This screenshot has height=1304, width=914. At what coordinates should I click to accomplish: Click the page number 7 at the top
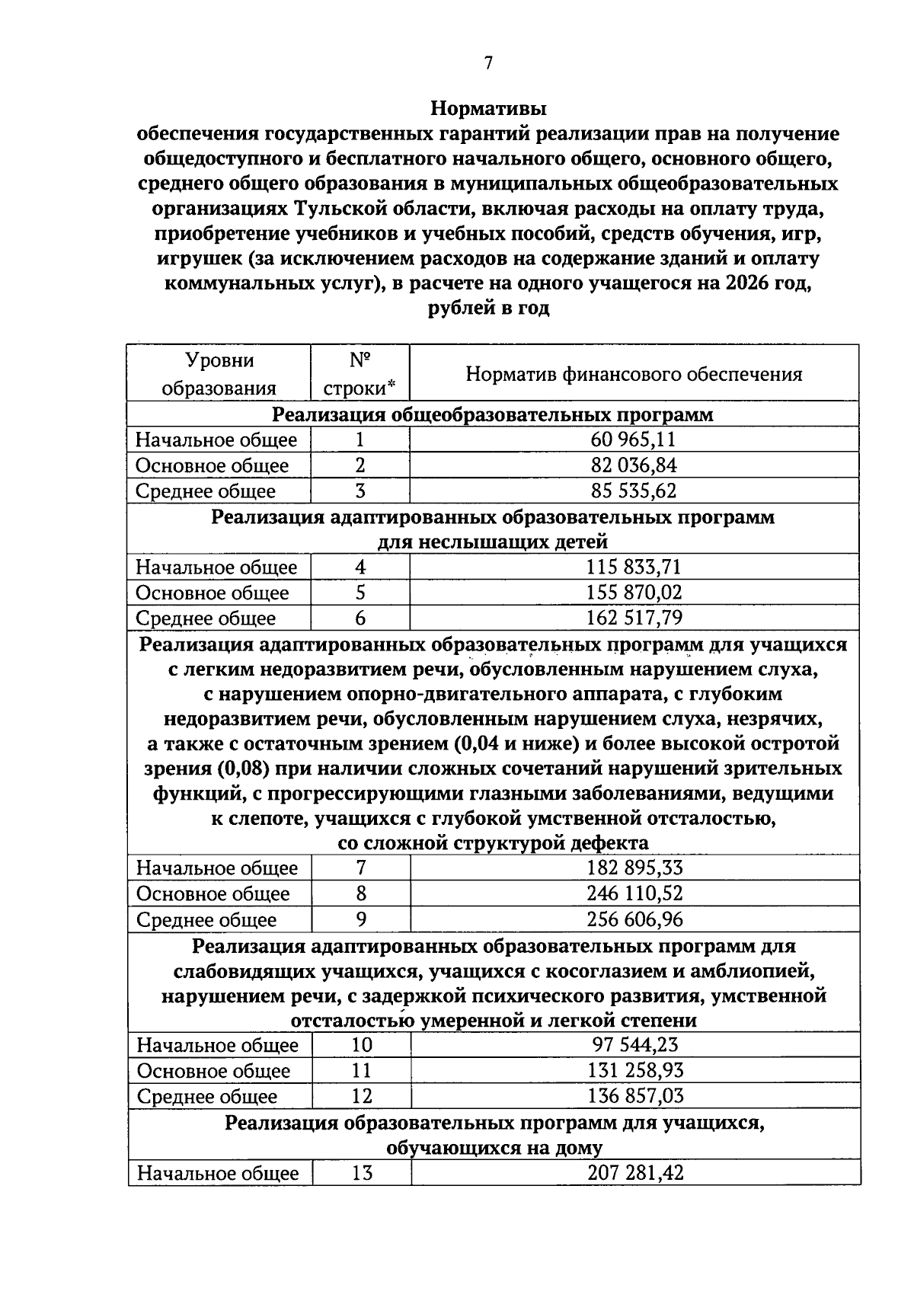click(488, 63)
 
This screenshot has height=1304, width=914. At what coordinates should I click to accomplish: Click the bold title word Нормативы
click(488, 108)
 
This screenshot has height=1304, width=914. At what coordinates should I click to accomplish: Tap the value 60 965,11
click(633, 439)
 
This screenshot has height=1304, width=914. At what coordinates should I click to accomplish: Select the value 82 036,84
click(633, 465)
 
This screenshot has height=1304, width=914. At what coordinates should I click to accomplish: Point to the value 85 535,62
click(633, 491)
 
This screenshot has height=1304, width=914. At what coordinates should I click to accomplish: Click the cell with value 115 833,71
click(633, 567)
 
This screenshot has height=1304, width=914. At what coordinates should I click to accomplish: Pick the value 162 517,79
click(633, 618)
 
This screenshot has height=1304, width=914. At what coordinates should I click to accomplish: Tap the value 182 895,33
click(634, 868)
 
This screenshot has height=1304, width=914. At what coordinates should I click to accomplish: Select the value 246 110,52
click(634, 893)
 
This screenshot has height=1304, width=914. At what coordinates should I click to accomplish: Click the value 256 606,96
click(634, 919)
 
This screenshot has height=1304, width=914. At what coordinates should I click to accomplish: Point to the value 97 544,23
click(634, 1045)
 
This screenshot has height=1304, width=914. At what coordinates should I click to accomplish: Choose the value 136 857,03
click(634, 1096)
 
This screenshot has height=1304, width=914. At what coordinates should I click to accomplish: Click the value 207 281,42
click(634, 1173)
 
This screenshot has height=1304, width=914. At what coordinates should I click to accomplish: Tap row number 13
click(362, 1173)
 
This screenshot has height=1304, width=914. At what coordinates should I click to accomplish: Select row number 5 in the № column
click(360, 593)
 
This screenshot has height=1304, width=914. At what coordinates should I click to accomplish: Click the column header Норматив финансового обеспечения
click(634, 374)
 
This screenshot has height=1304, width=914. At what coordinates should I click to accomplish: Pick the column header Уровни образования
click(219, 374)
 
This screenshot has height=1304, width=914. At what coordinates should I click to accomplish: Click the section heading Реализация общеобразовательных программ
click(493, 414)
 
